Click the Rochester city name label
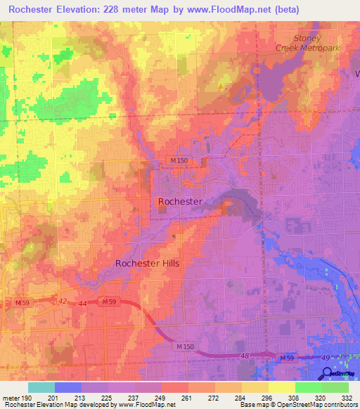coord(180,202)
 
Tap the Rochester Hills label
coord(147,264)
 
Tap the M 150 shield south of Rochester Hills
coord(185,346)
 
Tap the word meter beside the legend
coord(12,398)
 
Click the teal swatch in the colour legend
coord(41,387)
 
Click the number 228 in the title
coord(122,10)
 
